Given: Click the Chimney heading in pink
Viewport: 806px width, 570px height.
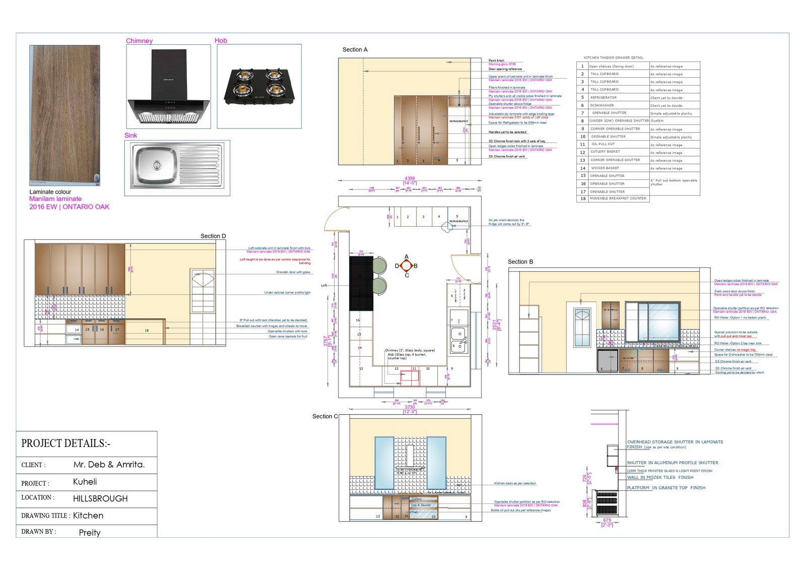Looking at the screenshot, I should (x=139, y=41).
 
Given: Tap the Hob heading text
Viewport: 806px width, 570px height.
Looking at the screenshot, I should (x=221, y=40).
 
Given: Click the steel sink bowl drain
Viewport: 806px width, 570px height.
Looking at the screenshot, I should (x=157, y=165).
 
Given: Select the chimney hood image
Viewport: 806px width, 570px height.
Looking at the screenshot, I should (x=169, y=86).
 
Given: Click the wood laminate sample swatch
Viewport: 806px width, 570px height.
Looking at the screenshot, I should (x=64, y=115).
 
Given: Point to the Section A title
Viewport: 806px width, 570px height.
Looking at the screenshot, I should (x=355, y=49).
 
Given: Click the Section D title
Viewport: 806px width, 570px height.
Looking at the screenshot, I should (x=213, y=236).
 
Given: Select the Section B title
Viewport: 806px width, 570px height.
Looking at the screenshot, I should (x=520, y=262).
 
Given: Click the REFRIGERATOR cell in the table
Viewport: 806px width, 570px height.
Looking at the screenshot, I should (x=603, y=97).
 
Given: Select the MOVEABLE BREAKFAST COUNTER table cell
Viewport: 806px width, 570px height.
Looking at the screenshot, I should (x=618, y=199).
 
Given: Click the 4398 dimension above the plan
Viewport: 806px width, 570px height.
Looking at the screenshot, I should (x=410, y=178).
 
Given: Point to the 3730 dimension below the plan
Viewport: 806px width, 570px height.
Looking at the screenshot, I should (x=410, y=407).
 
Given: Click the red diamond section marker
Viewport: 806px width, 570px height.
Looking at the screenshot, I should (x=407, y=266).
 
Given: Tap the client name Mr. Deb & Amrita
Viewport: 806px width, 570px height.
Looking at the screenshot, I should (x=109, y=465).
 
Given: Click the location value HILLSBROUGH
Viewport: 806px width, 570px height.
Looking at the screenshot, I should (x=100, y=498).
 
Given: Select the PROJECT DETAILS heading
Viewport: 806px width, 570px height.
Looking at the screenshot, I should (x=65, y=444).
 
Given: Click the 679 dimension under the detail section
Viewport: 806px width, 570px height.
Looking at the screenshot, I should (x=607, y=520).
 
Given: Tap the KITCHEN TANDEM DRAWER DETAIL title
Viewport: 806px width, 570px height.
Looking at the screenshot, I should (x=613, y=57).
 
